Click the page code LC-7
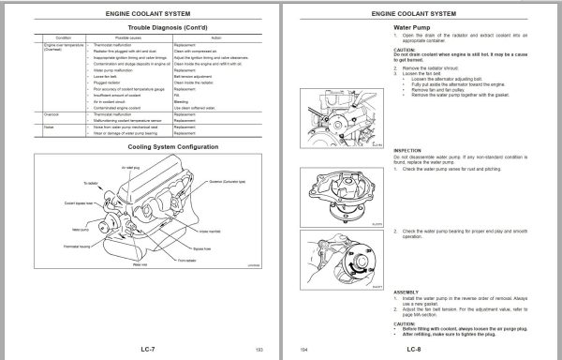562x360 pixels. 140,349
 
